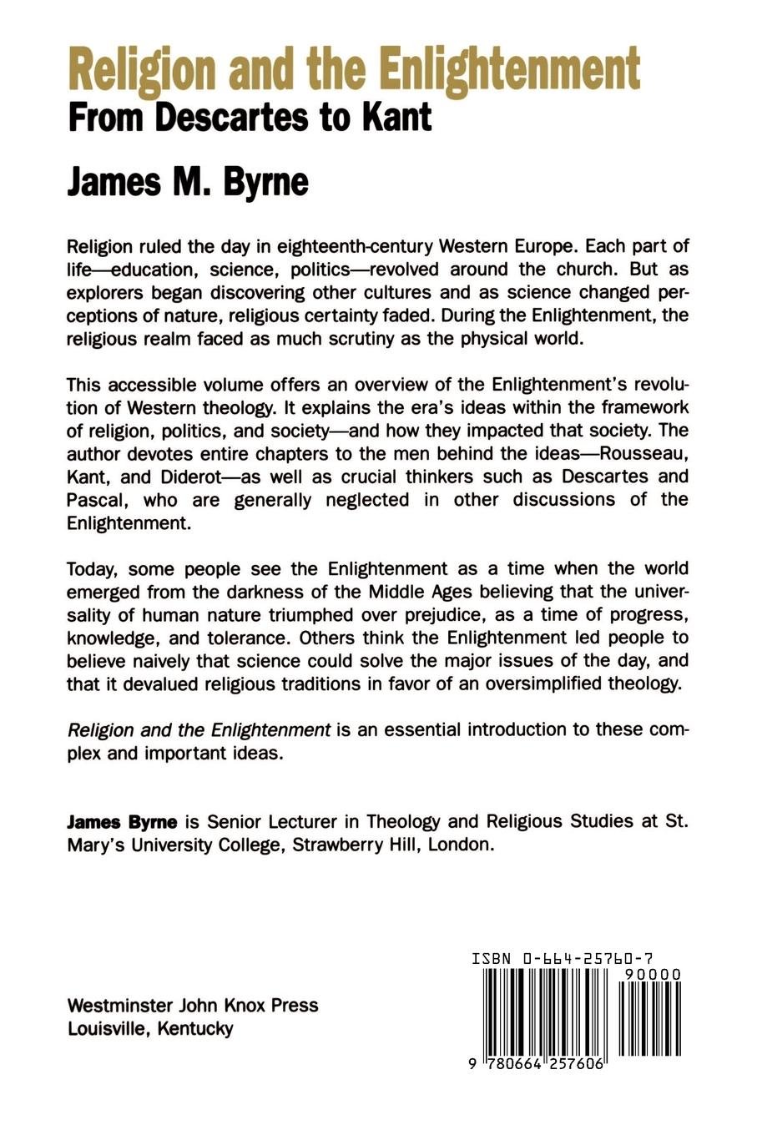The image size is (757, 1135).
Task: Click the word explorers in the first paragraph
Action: (x=107, y=294)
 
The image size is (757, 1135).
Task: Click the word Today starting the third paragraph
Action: (x=94, y=569)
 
